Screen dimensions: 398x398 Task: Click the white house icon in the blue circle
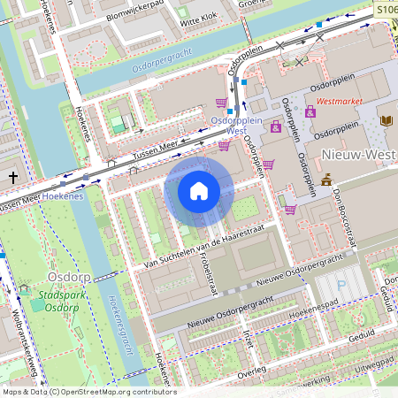[x=199, y=190]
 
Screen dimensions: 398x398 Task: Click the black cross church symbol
[x=12, y=177]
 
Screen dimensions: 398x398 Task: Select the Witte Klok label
[x=198, y=17]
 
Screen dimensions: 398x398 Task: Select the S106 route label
[x=383, y=7]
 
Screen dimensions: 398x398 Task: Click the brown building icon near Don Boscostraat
[x=327, y=180]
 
